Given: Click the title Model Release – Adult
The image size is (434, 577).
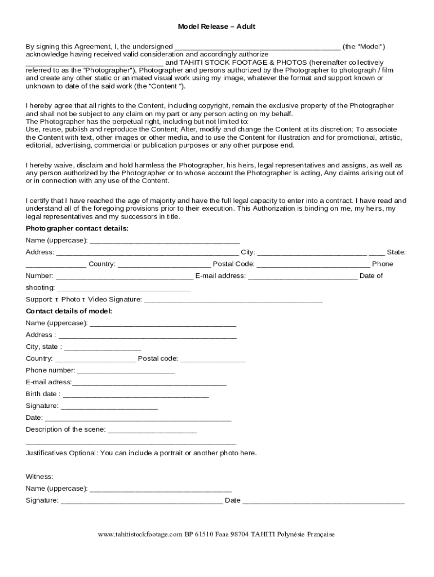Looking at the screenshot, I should pos(217,26).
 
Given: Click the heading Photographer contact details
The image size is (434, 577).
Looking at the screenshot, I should pos(77,228).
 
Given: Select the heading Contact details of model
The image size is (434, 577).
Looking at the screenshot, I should pos(69,311).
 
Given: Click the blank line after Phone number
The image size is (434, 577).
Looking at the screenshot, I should pos(126,371).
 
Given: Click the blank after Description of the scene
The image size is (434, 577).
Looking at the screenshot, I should pos(152,430).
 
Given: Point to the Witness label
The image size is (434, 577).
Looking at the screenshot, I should pos(39,477).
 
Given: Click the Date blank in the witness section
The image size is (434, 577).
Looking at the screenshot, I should pos(324,500).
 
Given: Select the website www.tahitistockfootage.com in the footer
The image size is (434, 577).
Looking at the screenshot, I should pos(140,534).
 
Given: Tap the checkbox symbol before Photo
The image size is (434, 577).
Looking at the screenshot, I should pos(57,299).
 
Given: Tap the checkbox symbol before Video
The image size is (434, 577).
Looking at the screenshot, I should pos(84,299).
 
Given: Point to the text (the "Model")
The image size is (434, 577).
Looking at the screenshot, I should pos(364,46).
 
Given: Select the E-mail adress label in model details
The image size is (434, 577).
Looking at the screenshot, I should pos(48,382).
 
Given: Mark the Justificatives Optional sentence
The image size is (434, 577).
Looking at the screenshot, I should pos(141,453).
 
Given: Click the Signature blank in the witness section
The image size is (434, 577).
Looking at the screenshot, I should pos(141,500).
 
